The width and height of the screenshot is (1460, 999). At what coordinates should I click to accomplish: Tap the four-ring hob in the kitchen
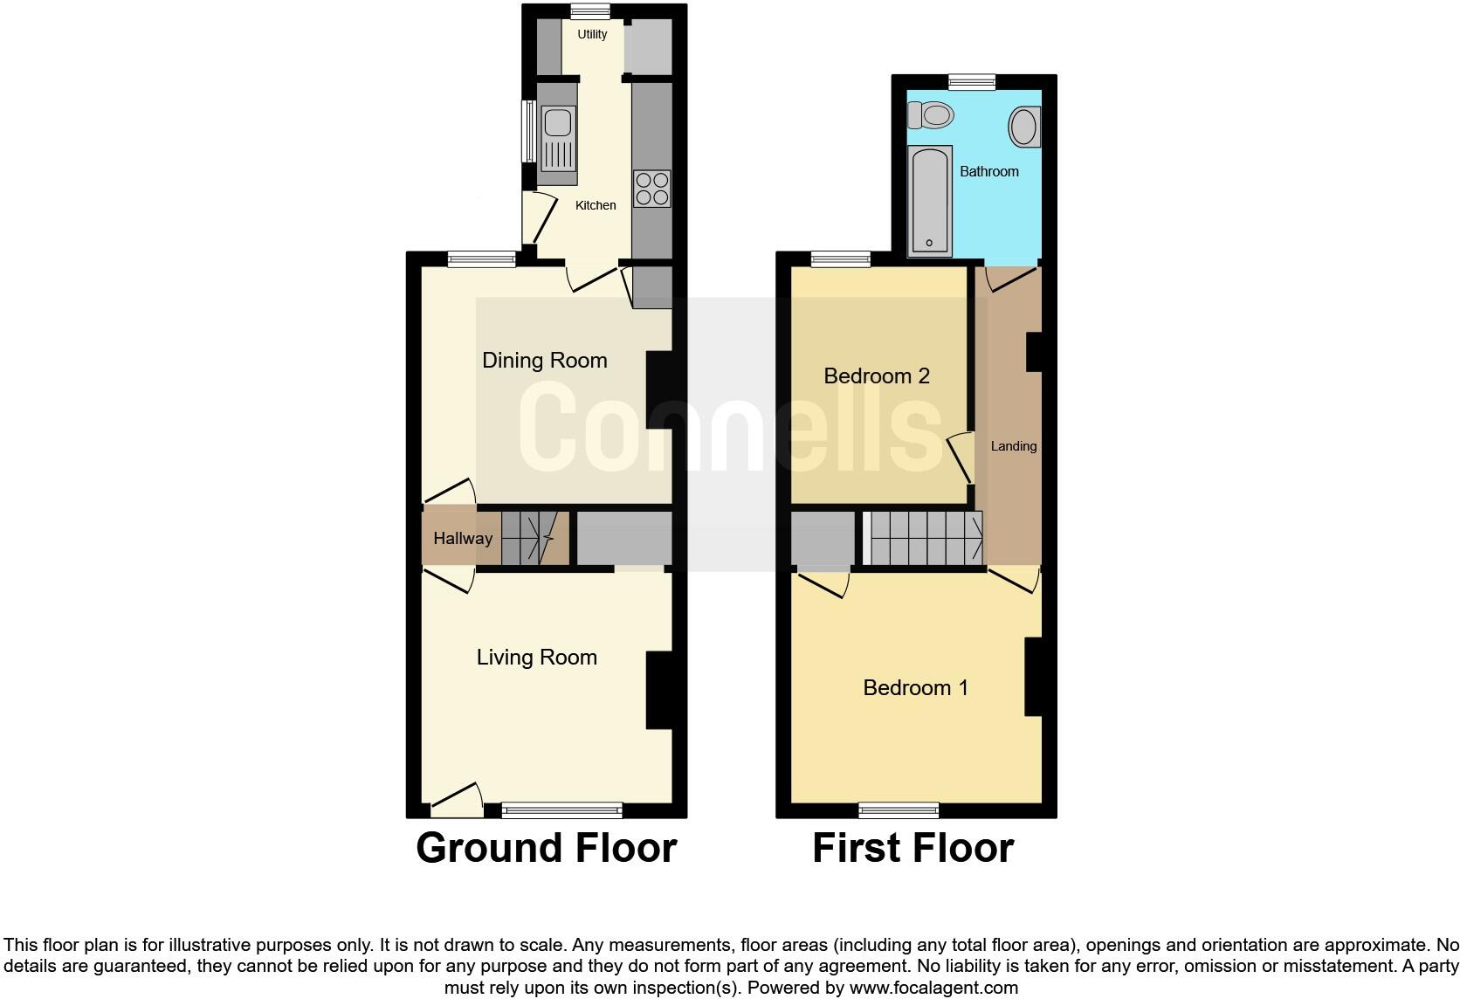[651, 189]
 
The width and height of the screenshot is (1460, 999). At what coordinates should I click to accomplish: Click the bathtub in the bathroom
[929, 202]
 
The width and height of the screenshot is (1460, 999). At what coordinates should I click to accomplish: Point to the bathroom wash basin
[1024, 127]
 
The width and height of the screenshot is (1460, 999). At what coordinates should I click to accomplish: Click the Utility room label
[592, 35]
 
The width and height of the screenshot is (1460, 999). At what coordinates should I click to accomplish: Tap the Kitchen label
[596, 205]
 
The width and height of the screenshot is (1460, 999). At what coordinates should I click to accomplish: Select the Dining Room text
[544, 360]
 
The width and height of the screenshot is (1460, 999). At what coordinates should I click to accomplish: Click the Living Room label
[536, 658]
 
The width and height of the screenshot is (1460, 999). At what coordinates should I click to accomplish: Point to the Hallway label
[463, 539]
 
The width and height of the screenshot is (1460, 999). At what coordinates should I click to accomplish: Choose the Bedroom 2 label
[876, 375]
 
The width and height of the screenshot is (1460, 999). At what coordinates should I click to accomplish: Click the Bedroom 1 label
[915, 688]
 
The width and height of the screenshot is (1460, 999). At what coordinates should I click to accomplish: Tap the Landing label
[1013, 446]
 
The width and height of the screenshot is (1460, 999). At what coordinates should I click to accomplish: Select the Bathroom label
[988, 171]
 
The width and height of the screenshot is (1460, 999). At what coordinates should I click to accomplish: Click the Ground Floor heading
[546, 848]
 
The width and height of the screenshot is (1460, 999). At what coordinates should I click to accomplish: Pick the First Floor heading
[912, 848]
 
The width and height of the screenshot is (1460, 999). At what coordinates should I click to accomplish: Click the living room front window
[562, 810]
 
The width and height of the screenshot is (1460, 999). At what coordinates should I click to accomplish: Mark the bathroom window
[972, 82]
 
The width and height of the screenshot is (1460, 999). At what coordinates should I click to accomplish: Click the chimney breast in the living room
[658, 690]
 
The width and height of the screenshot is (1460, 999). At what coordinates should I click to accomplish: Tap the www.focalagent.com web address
[933, 989]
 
